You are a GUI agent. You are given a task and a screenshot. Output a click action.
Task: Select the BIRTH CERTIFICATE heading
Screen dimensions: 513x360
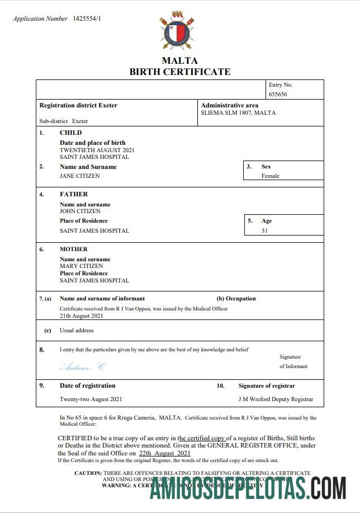point(180,72)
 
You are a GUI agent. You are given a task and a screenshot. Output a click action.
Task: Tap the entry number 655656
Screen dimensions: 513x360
point(278,95)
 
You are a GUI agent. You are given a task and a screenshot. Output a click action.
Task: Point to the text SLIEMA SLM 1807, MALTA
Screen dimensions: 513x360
point(238,113)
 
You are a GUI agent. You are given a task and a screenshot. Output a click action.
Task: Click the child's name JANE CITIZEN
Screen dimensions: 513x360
point(80,176)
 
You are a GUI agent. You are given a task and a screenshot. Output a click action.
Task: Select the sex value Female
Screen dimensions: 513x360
point(270,176)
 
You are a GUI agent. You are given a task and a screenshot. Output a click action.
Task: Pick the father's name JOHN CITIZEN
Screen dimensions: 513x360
point(80,211)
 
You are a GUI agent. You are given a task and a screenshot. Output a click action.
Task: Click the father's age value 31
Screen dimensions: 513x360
point(264,230)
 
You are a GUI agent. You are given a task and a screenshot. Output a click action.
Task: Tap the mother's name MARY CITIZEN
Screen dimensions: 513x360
point(81,266)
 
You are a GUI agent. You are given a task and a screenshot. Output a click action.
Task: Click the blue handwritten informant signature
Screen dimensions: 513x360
point(82,367)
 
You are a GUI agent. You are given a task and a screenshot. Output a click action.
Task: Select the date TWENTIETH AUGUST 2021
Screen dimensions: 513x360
point(97,150)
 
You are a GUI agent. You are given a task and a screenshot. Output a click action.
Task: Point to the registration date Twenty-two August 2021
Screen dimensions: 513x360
point(91,399)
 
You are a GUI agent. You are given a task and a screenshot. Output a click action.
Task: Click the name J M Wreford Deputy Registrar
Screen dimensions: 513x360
point(276,399)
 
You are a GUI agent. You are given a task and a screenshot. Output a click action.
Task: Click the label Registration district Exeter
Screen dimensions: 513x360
point(78,105)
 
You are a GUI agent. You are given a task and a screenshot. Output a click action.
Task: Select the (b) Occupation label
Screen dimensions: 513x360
point(236,299)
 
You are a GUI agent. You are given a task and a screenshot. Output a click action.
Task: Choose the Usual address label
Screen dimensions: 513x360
point(77,331)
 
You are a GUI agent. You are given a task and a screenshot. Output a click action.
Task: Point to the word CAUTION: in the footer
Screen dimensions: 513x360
point(88,473)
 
